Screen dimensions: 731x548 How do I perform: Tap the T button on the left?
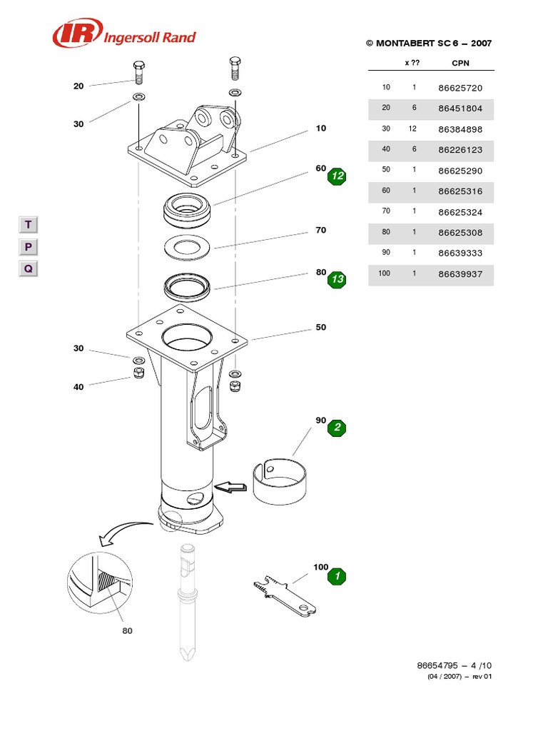[x=28, y=225]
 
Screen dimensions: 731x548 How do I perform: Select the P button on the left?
[x=28, y=247]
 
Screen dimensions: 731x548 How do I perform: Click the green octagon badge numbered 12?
[x=337, y=176]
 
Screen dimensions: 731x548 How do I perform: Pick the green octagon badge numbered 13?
[x=337, y=280]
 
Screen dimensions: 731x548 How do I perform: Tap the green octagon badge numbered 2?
[x=337, y=428]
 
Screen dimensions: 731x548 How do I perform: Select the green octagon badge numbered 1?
[x=337, y=575]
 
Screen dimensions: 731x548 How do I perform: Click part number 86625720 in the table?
[x=460, y=88]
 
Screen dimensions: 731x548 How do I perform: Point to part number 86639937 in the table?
[x=460, y=274]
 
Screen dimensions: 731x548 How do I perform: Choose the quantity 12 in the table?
[x=412, y=129]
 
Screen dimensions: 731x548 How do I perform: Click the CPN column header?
[x=460, y=63]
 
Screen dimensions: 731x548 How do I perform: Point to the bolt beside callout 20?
[x=139, y=73]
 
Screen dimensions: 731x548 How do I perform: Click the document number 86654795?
[x=439, y=665]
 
